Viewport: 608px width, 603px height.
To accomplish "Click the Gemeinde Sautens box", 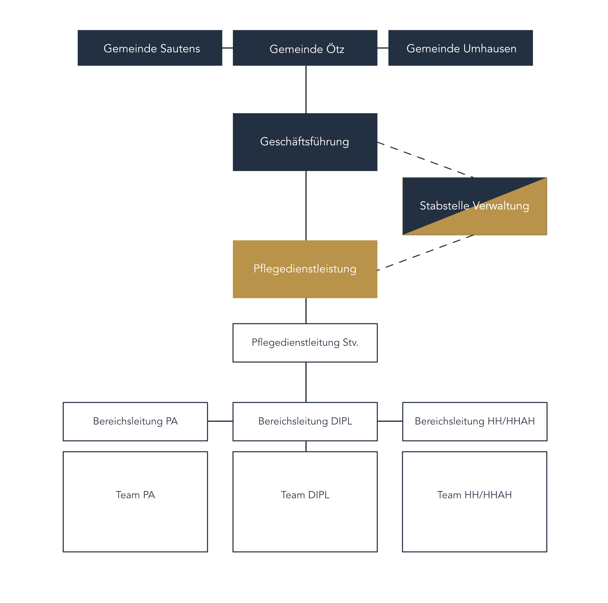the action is pos(150,48).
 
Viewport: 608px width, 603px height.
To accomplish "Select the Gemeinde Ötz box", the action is pos(305,48).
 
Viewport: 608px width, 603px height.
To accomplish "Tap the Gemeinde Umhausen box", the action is pos(460,48).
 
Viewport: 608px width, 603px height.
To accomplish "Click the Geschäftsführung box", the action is pos(305,142).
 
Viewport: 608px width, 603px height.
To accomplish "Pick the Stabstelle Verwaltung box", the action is pos(475,206).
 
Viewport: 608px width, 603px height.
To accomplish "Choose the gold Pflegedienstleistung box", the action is pos(305,269).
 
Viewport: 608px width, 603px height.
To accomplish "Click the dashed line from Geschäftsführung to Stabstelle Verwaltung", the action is pos(425,160).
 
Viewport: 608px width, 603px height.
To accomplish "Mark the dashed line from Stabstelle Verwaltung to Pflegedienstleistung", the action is pos(425,253).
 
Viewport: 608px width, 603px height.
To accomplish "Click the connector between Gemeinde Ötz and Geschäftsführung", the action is pos(306,89).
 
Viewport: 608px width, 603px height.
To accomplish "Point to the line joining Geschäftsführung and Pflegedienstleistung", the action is pos(306,206).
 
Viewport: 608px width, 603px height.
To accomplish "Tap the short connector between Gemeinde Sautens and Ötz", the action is pos(227,48).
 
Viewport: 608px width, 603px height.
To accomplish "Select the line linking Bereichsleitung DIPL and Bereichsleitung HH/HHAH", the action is pos(390,421).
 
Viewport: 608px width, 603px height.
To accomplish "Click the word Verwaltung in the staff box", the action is pos(501,206).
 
